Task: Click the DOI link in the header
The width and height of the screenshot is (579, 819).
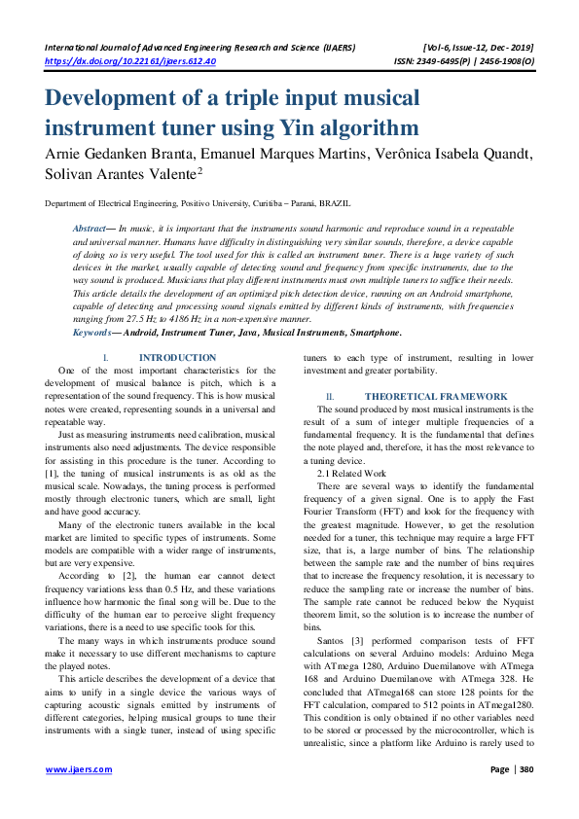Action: point(131,60)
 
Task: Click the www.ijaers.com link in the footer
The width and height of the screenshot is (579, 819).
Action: point(79,769)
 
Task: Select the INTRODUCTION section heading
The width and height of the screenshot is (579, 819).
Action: point(177,358)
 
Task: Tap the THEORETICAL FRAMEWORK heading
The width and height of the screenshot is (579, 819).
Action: point(436,397)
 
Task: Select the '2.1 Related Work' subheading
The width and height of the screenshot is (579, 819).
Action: point(352,445)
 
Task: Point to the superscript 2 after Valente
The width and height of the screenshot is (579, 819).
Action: point(199,170)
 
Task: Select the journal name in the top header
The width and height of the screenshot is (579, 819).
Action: point(199,46)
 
